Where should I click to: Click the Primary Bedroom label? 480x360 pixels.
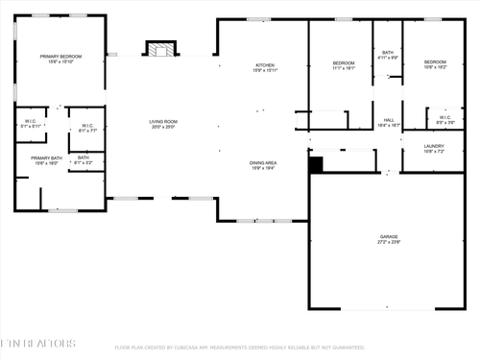coord(60,58)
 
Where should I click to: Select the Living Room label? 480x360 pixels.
coord(162,121)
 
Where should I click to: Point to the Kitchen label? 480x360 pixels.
coord(265,64)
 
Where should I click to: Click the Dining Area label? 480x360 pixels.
coord(264,162)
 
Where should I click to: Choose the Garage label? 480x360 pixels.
coord(388,235)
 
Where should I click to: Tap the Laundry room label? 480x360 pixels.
coord(434,146)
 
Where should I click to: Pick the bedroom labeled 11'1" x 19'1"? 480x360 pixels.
coord(344,63)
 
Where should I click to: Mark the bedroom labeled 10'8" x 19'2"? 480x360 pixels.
coord(435,63)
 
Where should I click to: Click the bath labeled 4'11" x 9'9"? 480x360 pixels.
coord(388,53)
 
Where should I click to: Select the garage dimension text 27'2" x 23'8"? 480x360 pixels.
coord(388,242)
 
